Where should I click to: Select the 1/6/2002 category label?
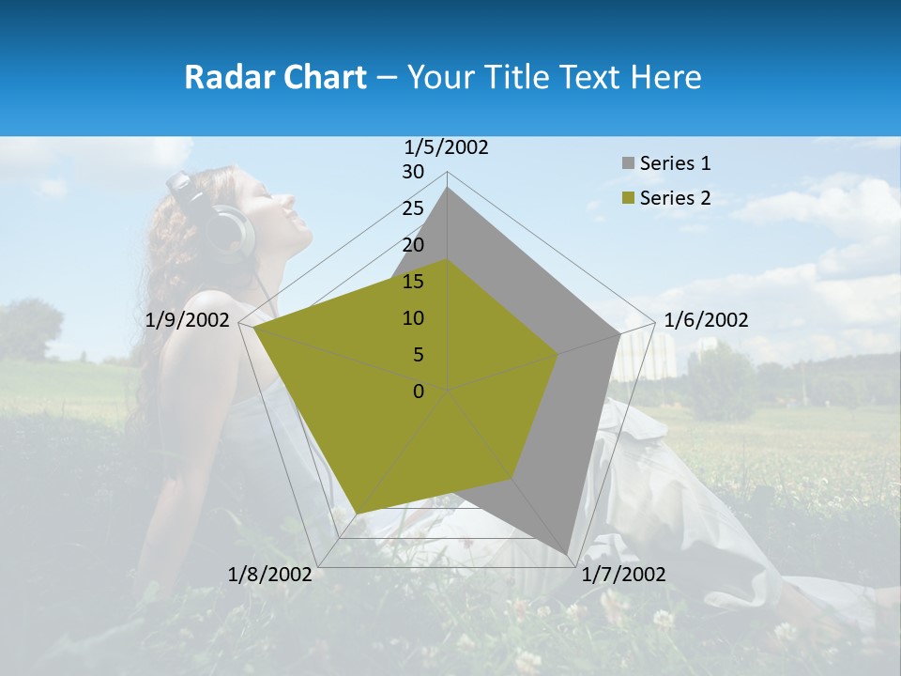[x=706, y=320]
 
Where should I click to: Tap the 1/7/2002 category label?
[x=623, y=575]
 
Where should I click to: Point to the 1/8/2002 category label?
[x=270, y=575]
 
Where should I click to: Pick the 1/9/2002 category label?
[x=188, y=320]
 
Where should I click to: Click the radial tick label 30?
[x=413, y=172]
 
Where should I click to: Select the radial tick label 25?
[x=413, y=208]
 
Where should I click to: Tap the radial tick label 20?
[x=413, y=245]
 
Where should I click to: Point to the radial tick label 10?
[x=413, y=318]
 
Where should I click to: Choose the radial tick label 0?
[x=419, y=392]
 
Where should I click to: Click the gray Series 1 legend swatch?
[x=627, y=163]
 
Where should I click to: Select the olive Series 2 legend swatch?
[x=627, y=198]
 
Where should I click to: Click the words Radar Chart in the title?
[x=275, y=77]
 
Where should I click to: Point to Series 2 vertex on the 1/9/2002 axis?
[x=254, y=328]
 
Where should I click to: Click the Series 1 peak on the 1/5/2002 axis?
[x=448, y=188]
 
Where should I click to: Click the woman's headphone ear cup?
[x=231, y=232]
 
